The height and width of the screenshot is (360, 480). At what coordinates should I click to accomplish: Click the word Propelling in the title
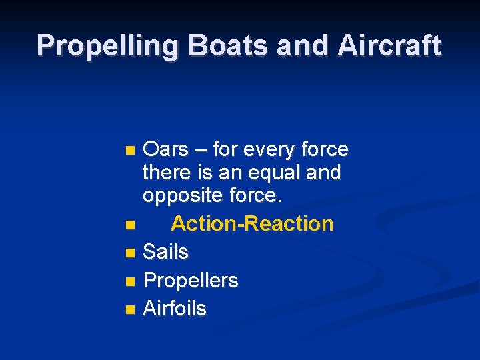pos(109,45)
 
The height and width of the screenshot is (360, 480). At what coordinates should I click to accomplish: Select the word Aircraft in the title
pos(389,45)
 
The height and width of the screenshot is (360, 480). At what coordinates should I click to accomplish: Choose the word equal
pos(277,173)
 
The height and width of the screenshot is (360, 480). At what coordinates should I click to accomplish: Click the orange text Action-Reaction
pos(252,223)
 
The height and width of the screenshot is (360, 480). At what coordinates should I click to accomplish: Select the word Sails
pos(166,252)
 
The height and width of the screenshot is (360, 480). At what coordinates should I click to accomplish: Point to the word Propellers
pos(191,281)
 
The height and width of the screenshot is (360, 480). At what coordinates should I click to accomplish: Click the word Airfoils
pos(175,309)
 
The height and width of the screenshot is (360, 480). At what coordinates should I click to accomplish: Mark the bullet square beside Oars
pos(130,149)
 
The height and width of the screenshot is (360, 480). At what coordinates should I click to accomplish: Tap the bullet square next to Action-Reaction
pos(130,224)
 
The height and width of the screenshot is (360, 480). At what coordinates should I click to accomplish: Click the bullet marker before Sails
pos(130,253)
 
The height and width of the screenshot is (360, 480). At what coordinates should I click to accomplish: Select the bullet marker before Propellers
pos(130,281)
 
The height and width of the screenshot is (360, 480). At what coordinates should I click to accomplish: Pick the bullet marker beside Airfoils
pos(130,309)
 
